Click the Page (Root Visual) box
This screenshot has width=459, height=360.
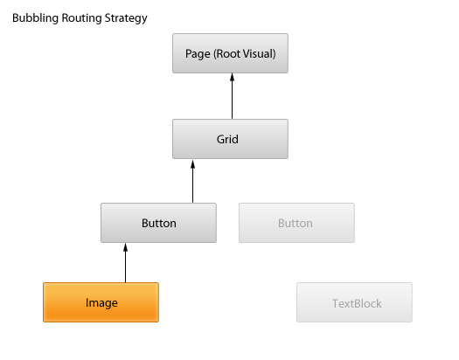[230, 53]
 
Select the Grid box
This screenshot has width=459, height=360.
[230, 139]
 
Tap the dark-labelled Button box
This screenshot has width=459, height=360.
[158, 223]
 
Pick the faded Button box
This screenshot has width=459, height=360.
[296, 223]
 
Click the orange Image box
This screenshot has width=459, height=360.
[101, 302]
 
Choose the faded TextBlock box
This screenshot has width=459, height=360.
[354, 302]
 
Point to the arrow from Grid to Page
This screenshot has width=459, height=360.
[233, 96]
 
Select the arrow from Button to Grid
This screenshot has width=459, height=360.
[192, 182]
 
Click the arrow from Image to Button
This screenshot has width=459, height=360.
[126, 263]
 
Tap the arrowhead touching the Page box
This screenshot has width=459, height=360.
[233, 77]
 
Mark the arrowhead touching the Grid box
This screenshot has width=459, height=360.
[192, 164]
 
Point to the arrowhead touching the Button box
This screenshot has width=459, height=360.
[126, 247]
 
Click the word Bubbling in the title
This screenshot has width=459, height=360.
[36, 18]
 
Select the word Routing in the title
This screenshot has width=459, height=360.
[81, 18]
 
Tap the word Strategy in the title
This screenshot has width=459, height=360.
[126, 18]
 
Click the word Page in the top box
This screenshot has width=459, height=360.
[198, 54]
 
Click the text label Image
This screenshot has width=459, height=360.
[101, 303]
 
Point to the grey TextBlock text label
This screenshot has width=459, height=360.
[357, 303]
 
